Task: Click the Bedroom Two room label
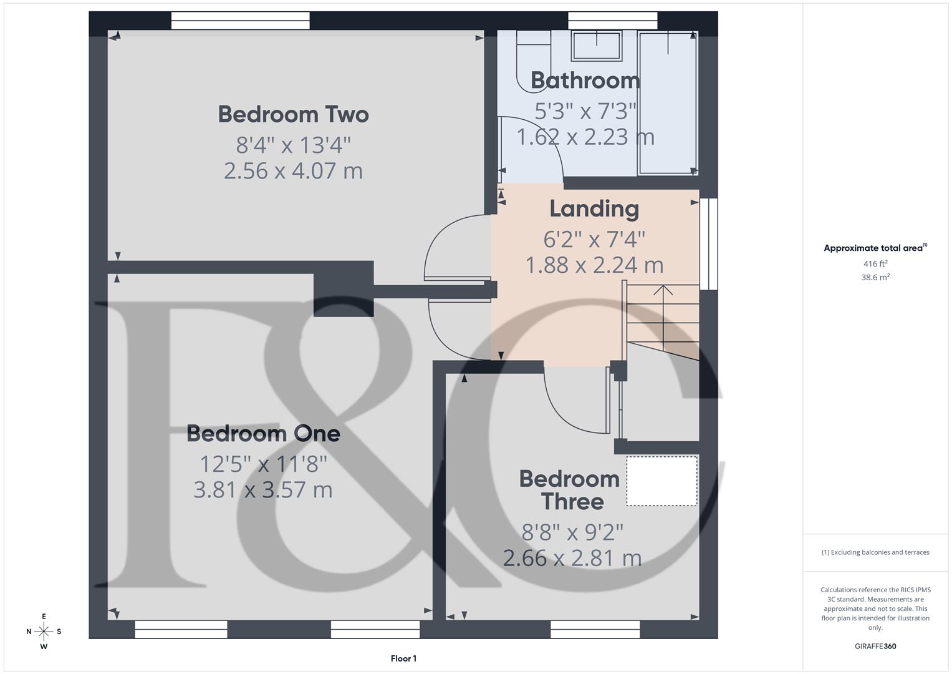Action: click(293, 115)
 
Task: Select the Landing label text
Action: click(594, 209)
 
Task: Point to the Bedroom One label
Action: click(263, 434)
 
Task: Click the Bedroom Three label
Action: click(570, 491)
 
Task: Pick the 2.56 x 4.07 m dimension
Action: click(293, 171)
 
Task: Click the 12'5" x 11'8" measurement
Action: click(263, 464)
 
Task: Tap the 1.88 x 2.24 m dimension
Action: click(594, 265)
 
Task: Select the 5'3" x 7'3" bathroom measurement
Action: click(585, 111)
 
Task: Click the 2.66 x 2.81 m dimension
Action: click(572, 558)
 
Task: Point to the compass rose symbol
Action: click(44, 632)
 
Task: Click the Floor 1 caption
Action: click(403, 658)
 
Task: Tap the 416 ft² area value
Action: click(875, 264)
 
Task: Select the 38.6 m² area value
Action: click(875, 278)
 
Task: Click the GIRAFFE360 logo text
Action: click(875, 646)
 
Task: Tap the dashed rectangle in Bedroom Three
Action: click(661, 481)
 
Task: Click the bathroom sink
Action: click(597, 46)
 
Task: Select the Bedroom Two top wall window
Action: click(240, 21)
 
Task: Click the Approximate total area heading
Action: click(875, 248)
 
